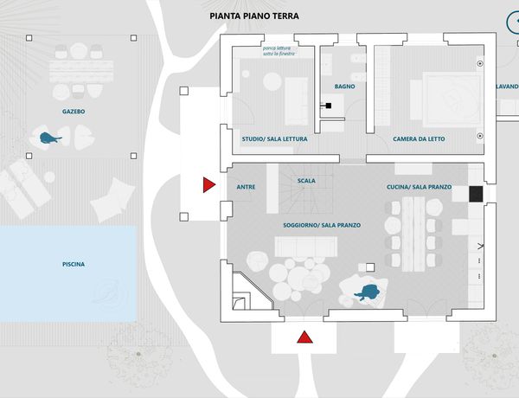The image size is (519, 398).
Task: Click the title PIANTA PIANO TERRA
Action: [x=254, y=16]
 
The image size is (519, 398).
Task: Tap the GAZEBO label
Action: [x=74, y=112]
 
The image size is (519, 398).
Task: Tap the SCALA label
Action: [x=306, y=182]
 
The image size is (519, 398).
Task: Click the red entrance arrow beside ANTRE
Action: [x=208, y=184]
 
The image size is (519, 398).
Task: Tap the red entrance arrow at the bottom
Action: [x=304, y=337]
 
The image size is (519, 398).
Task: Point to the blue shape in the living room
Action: [x=371, y=292]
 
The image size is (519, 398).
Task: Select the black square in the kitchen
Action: [x=475, y=194]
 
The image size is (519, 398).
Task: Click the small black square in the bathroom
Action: [x=329, y=106]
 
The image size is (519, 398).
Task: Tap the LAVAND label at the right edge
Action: [x=506, y=87]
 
